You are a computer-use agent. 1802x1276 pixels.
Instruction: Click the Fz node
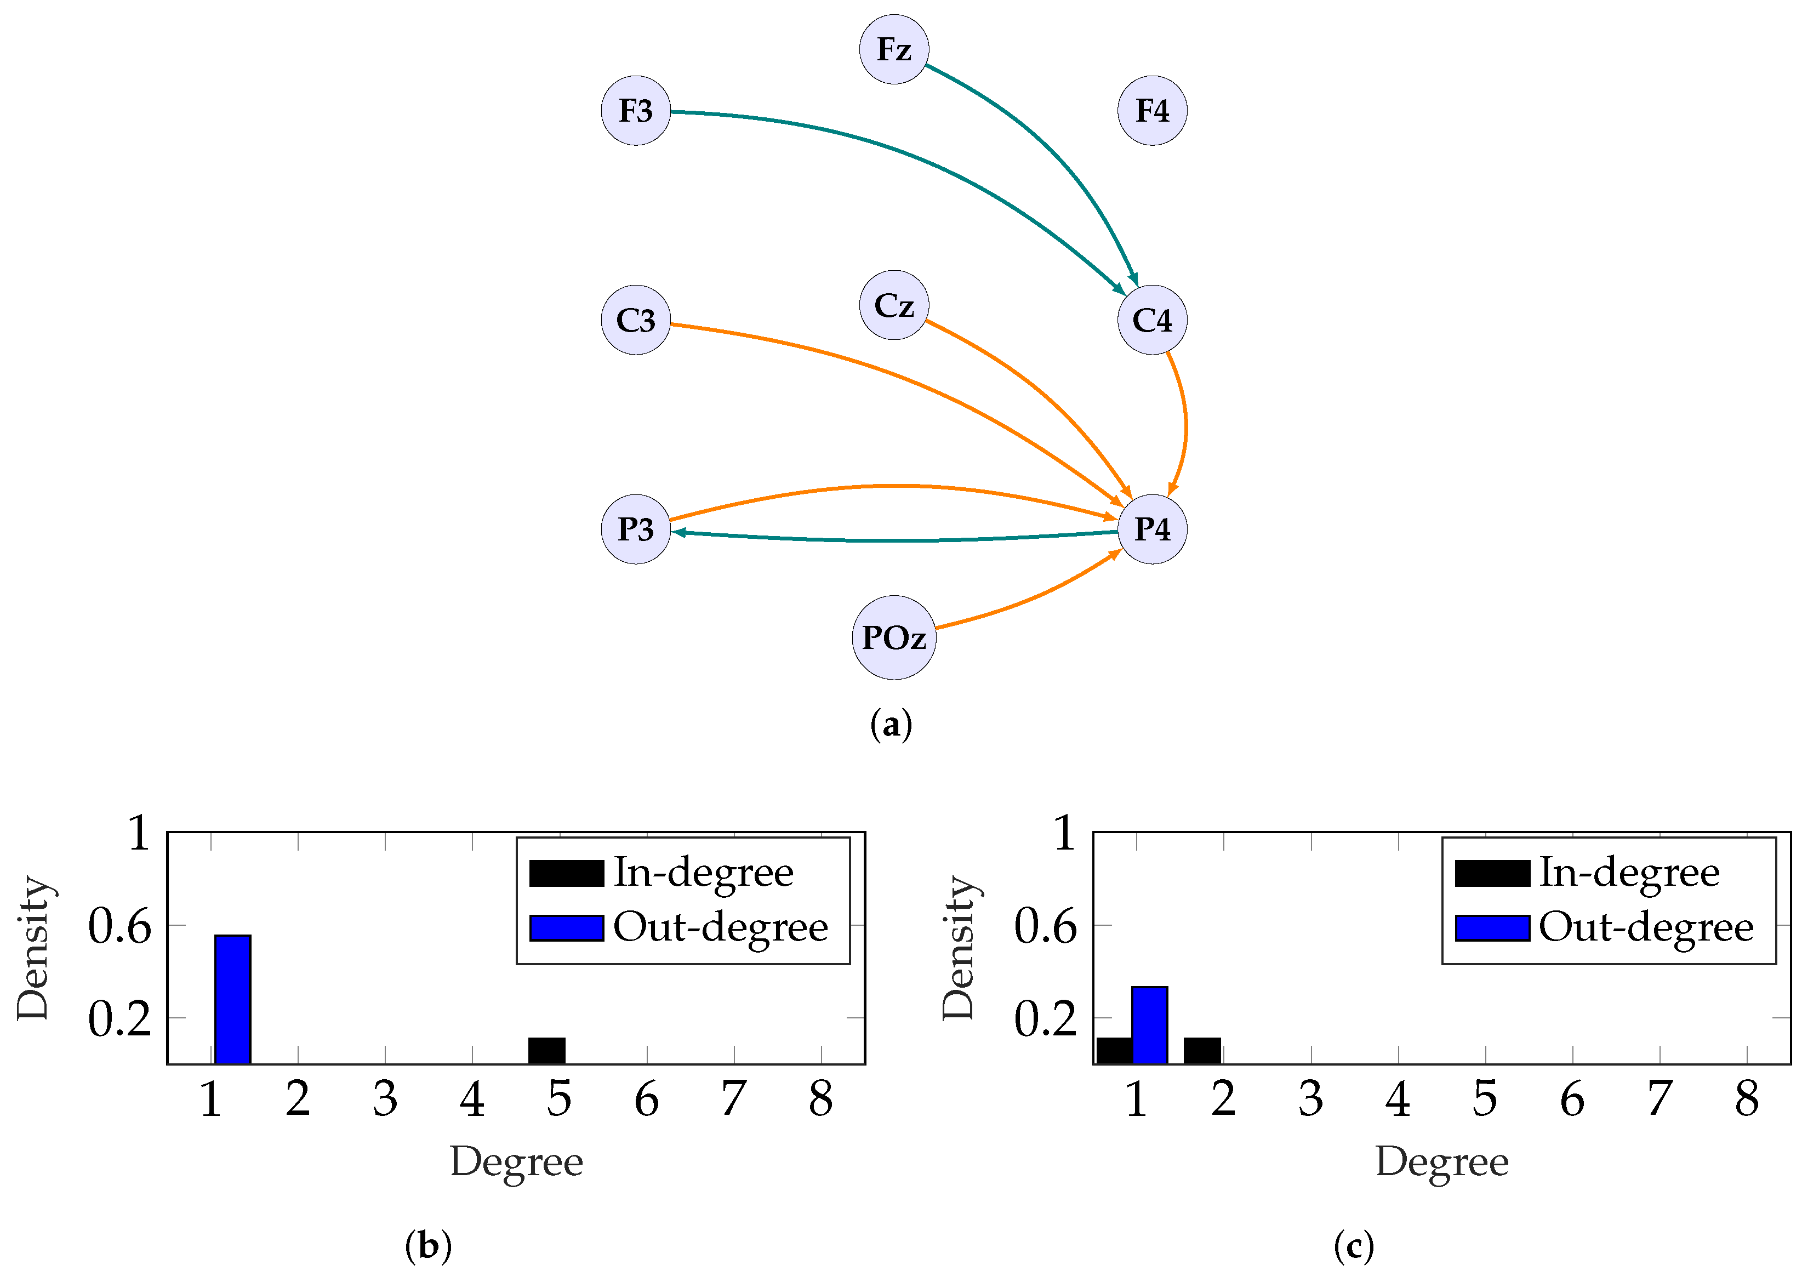894,49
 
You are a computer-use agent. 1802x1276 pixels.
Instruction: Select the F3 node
636,110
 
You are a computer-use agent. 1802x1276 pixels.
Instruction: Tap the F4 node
1151,110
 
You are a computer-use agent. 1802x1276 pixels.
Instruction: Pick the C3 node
636,320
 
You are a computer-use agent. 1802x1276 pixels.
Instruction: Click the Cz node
894,305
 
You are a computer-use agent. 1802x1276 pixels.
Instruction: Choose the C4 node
1151,320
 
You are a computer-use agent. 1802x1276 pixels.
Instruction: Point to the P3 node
636,529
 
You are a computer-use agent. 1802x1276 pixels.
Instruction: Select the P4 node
1151,529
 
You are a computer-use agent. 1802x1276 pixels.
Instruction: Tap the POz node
894,637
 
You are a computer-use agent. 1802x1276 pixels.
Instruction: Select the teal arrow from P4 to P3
896,540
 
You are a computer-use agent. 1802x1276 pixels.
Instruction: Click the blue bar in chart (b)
232,999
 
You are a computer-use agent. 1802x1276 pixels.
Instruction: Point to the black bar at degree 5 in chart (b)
547,1051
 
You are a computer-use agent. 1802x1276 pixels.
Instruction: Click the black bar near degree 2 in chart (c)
1202,1051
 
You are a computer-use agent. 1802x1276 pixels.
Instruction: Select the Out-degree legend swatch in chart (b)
566,928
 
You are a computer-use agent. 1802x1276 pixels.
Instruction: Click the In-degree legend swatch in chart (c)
1492,873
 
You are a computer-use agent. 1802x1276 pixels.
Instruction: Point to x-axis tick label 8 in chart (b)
821,1099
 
